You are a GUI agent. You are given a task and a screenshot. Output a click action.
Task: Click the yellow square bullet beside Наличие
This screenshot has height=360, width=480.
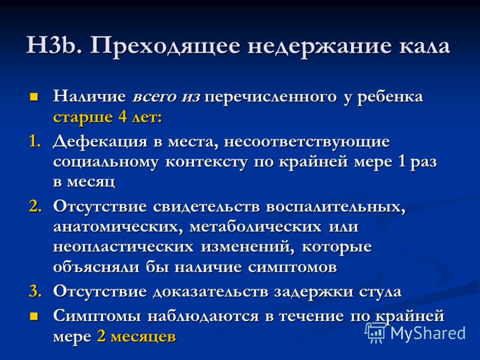point(34,97)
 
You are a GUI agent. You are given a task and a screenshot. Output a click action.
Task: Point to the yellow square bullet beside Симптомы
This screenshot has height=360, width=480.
point(34,316)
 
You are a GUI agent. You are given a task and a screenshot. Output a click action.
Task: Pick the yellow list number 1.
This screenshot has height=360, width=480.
point(35,142)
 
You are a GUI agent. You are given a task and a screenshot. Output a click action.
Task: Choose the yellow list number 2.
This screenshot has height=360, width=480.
point(35,206)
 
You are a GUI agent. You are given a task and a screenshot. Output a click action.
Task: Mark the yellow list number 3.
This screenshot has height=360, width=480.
point(35,291)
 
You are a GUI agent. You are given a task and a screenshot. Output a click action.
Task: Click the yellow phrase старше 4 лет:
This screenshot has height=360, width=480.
point(107,117)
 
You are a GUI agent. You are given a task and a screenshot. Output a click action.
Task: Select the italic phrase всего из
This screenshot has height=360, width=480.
point(166,97)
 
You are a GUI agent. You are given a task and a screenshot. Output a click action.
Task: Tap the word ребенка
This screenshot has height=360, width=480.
point(390,97)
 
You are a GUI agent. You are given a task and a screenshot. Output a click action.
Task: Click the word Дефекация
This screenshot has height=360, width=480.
point(100,143)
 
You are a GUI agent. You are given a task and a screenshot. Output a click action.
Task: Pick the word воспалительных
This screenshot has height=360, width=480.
point(336,207)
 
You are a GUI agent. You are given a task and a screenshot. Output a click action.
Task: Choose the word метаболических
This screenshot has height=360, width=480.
point(256,227)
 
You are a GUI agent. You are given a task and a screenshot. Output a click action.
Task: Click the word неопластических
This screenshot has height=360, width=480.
point(123,247)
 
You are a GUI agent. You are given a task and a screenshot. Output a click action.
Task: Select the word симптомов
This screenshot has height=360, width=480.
point(292,268)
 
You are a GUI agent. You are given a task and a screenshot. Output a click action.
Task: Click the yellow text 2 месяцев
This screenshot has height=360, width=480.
point(137,337)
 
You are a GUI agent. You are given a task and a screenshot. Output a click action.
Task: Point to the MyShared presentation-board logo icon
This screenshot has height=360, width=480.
point(376,332)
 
